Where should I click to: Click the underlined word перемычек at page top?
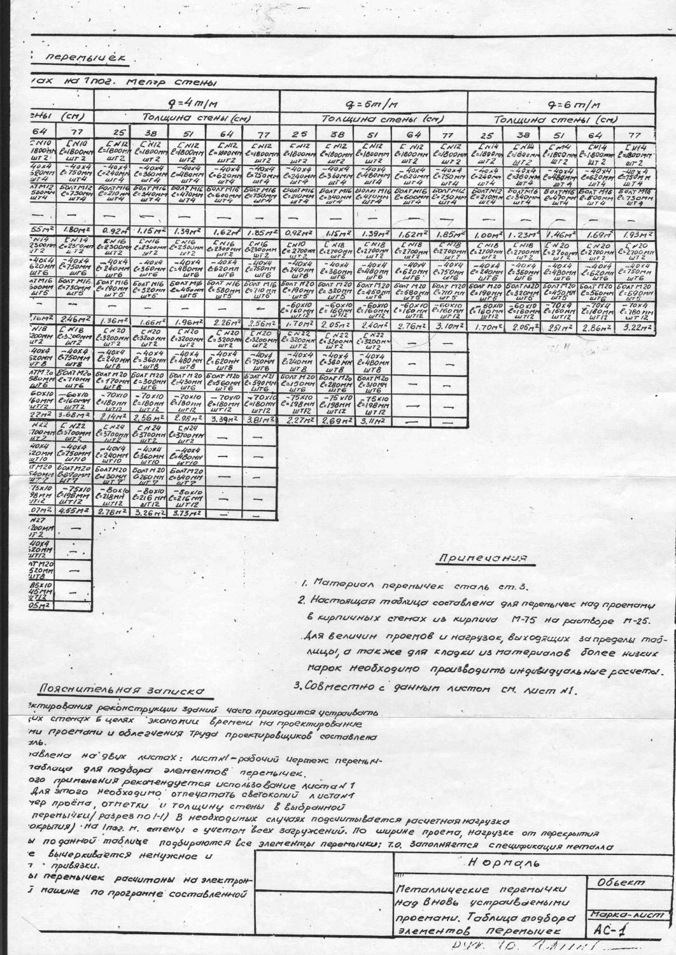[83, 58]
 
